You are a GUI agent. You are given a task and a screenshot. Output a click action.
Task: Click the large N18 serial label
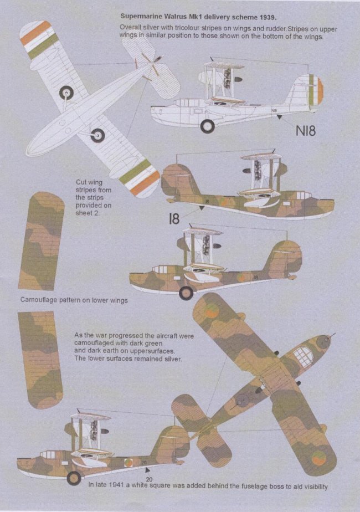click(306, 131)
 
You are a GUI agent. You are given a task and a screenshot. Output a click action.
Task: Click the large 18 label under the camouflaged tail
click(174, 218)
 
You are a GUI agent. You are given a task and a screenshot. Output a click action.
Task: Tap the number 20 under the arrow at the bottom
click(149, 479)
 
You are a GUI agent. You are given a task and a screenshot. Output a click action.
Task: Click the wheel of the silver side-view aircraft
click(208, 126)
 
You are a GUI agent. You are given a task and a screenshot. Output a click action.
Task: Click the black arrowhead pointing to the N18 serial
click(279, 116)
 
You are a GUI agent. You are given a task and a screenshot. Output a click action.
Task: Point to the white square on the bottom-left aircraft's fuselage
click(65, 463)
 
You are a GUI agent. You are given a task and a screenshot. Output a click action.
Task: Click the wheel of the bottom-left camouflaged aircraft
click(74, 478)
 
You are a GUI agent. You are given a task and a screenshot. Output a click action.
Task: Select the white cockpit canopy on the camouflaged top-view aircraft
click(304, 356)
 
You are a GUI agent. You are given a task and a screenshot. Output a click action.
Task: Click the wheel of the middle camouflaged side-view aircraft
click(186, 293)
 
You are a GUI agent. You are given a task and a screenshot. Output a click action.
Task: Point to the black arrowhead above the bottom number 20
click(148, 470)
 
